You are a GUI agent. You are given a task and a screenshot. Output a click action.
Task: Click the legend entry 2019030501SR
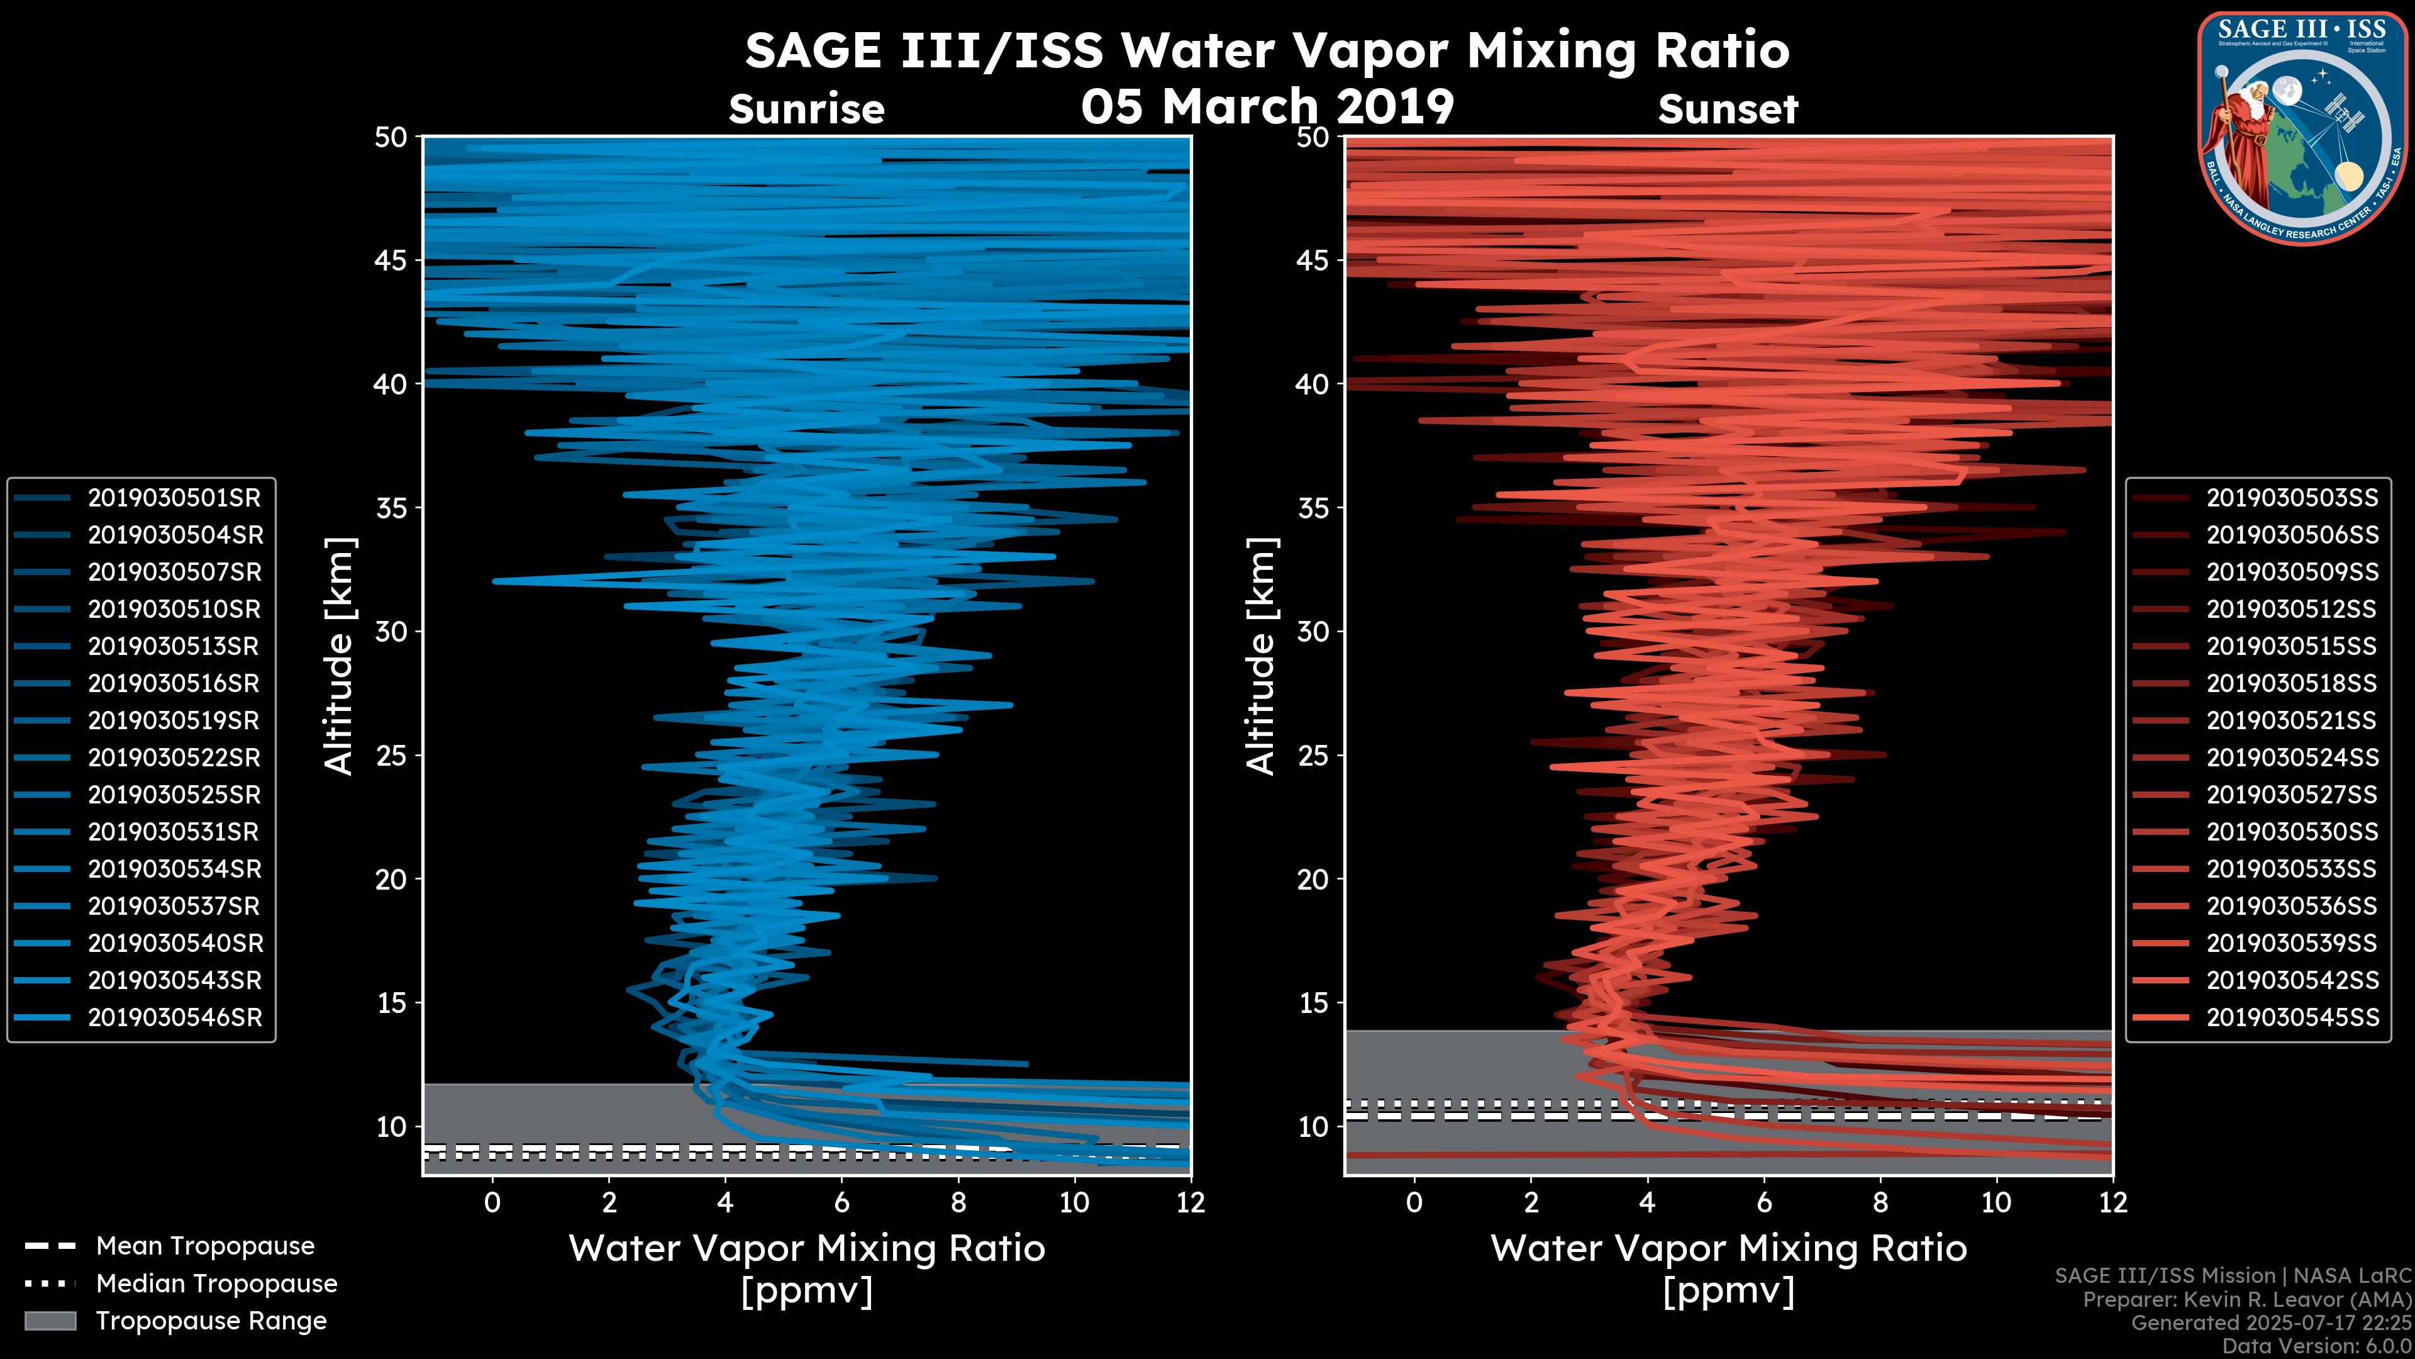click(174, 498)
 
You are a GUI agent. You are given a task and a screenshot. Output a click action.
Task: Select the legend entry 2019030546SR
click(174, 1017)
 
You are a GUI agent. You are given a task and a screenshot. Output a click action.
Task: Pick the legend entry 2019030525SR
click(174, 795)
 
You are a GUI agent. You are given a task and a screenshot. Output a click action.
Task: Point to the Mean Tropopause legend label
click(205, 1246)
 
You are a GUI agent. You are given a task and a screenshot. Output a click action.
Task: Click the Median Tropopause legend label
click(216, 1284)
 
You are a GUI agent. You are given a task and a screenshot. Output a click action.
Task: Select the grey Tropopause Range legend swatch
click(50, 1321)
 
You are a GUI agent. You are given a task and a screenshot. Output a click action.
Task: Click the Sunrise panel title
click(806, 109)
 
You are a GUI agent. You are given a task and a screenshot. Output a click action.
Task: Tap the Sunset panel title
click(1728, 109)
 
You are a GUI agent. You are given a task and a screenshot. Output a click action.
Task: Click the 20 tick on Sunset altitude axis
click(1313, 880)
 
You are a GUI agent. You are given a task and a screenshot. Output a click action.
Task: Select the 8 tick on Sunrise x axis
click(958, 1202)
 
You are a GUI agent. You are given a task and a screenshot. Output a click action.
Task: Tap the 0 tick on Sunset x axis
click(1414, 1202)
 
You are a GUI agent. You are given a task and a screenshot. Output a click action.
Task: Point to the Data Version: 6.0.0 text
click(2318, 1346)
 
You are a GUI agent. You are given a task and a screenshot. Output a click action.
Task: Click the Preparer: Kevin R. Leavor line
click(2246, 1300)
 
